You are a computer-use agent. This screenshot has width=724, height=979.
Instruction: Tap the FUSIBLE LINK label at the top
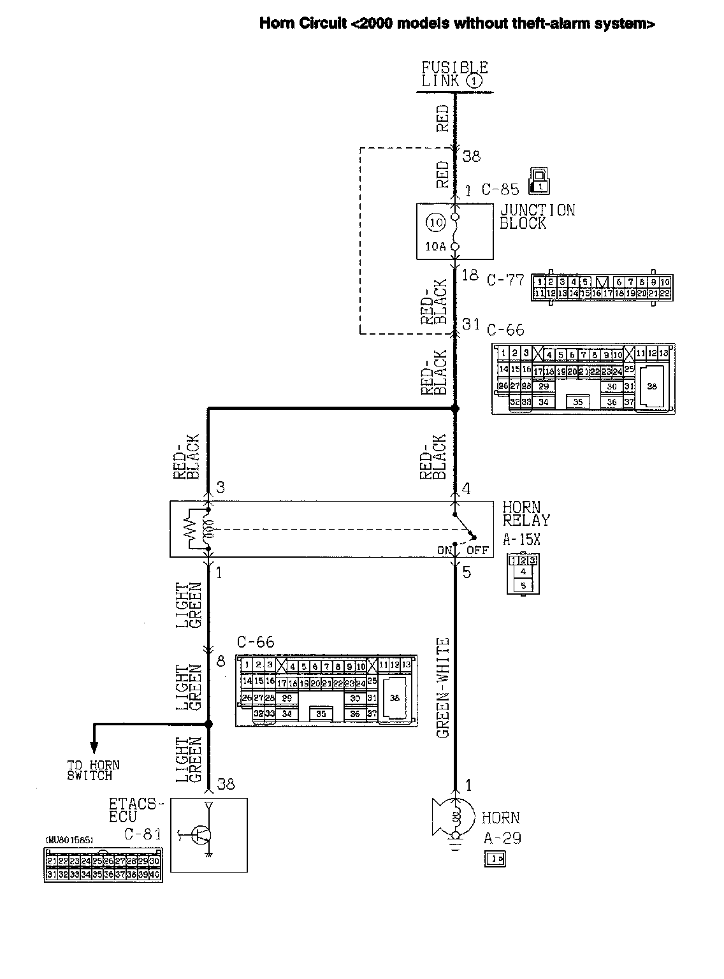pos(454,74)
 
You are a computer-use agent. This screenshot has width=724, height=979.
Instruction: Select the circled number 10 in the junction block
pos(436,222)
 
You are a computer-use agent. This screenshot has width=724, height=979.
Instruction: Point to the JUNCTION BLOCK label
pos(537,217)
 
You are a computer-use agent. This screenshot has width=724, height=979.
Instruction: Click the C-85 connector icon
pos(539,181)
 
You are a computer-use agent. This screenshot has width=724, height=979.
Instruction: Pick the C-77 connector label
pos(505,280)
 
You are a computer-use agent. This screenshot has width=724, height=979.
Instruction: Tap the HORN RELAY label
pos(525,514)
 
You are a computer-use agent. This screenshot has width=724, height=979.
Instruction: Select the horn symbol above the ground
pos(454,819)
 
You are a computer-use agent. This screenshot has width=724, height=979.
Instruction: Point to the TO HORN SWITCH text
pos(93,771)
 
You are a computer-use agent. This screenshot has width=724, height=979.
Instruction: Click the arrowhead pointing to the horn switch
pos(94,748)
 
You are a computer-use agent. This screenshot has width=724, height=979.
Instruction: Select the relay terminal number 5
pos(467,572)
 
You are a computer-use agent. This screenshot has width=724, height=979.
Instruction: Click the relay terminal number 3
pos(220,488)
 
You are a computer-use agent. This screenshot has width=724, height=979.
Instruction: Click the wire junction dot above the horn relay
pos(455,408)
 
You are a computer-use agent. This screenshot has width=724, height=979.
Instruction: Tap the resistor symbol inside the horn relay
pos(189,529)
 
